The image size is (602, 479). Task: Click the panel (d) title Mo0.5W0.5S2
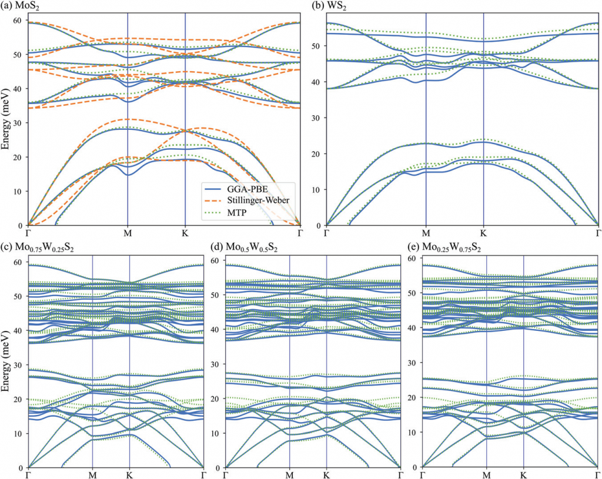(248, 247)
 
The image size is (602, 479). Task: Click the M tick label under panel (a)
(128, 233)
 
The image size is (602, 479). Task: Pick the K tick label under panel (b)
(483, 233)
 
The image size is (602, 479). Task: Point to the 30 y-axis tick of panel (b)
(316, 118)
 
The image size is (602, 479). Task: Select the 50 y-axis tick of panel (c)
(17, 296)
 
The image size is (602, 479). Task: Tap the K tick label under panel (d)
(326, 474)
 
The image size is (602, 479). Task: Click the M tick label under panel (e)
(487, 474)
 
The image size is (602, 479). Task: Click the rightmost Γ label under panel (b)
(598, 233)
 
